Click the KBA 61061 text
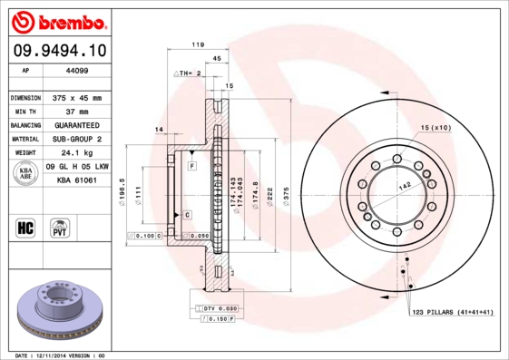coord(78,180)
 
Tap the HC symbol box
coord(26,227)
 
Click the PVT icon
coord(60,227)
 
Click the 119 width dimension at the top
coord(196,44)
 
